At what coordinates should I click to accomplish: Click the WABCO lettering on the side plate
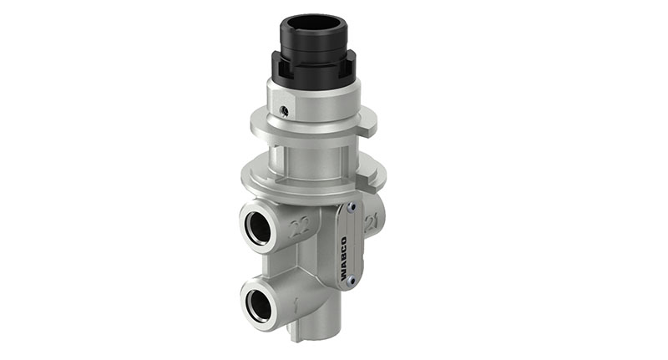pyautogui.click(x=343, y=243)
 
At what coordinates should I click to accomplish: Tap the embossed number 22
pyautogui.click(x=299, y=226)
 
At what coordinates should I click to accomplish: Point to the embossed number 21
pyautogui.click(x=370, y=221)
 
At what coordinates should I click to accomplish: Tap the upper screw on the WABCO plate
pyautogui.click(x=352, y=208)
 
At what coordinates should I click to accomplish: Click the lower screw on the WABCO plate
pyautogui.click(x=352, y=281)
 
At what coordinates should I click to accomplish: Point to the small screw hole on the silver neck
pyautogui.click(x=285, y=110)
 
